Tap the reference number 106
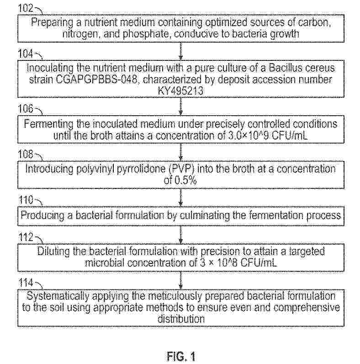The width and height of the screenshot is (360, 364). pyautogui.click(x=25, y=109)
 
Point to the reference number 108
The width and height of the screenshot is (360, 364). pyautogui.click(x=25, y=154)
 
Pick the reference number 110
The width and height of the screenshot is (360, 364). pyautogui.click(x=25, y=199)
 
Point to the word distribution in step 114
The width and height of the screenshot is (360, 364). pyautogui.click(x=180, y=317)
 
